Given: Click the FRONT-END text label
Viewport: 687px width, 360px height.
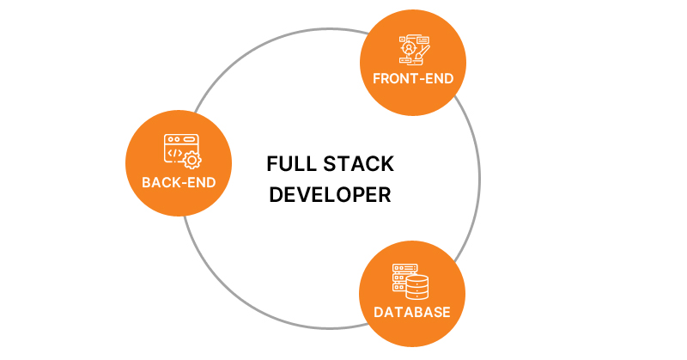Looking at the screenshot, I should point(413,79).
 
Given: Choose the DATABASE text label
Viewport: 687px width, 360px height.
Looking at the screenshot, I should point(411,311).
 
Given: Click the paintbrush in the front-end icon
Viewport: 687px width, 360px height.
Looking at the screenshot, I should point(422,51).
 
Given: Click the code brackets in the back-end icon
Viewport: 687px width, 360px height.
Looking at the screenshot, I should point(174,153).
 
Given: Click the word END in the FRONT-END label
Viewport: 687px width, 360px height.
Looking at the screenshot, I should point(440,79).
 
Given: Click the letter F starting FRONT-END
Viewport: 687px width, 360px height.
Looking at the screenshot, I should point(377,79).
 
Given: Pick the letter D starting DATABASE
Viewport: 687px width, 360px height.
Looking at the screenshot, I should point(378,311).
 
